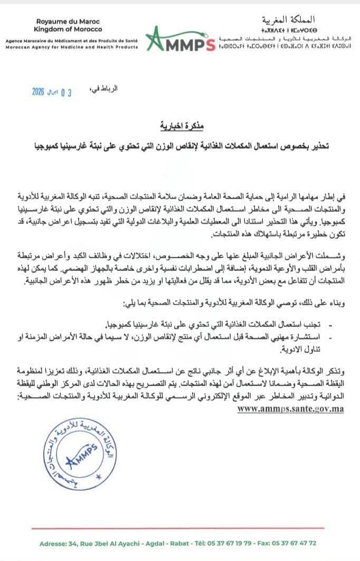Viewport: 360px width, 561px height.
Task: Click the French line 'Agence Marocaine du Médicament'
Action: tap(71, 40)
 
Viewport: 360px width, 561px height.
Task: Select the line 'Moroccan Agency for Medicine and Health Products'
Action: tap(71, 46)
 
